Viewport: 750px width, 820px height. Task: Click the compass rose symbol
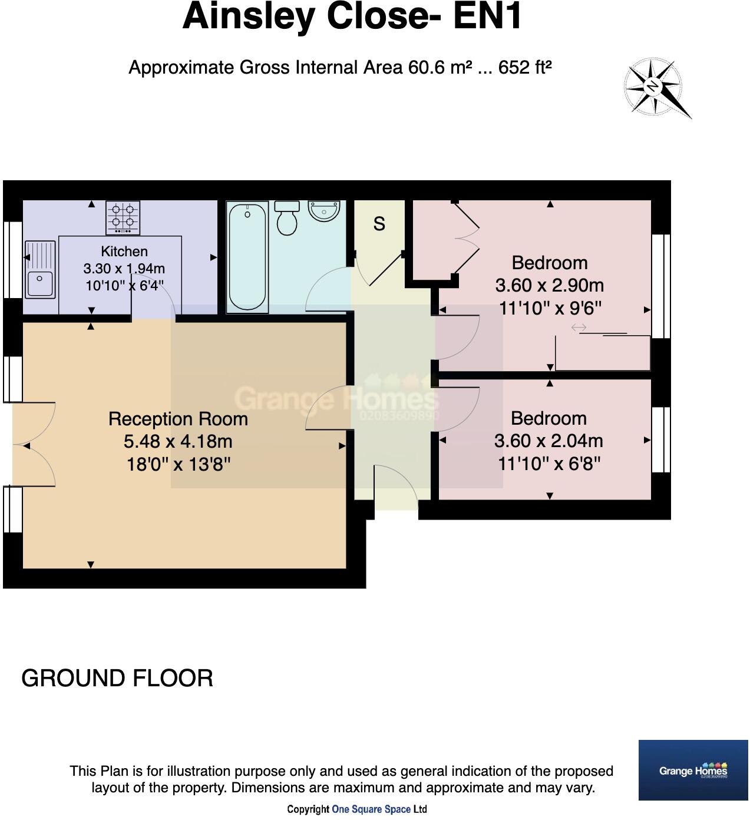point(653,87)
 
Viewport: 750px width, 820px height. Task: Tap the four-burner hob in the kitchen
point(123,217)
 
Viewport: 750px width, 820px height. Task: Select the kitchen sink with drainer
point(40,269)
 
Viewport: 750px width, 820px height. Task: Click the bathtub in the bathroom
point(247,257)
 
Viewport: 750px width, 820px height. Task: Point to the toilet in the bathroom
point(287,217)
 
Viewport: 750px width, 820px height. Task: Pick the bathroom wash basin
point(324,210)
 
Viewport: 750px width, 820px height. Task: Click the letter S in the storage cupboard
point(379,224)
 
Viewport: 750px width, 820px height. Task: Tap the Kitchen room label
point(124,251)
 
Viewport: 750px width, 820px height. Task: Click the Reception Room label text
point(178,419)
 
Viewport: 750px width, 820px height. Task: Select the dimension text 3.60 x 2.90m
point(549,285)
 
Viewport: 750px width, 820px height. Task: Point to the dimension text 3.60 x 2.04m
point(549,441)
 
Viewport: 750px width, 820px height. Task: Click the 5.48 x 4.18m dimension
point(178,441)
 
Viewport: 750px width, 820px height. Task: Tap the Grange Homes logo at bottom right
point(693,770)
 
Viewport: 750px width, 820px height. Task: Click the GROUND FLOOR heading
point(117,678)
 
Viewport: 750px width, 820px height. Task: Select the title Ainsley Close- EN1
point(352,16)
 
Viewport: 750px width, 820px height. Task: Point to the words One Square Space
point(371,809)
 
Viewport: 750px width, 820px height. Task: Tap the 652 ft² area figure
point(525,67)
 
